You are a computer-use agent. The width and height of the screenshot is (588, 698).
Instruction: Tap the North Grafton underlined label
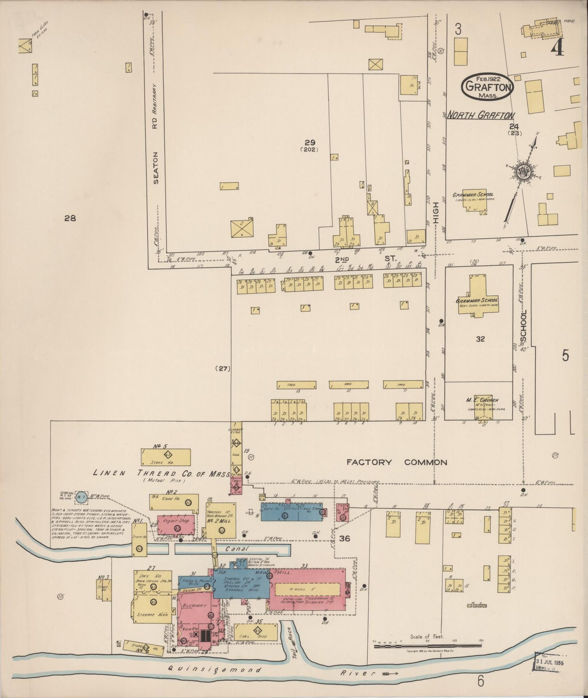coord(481,116)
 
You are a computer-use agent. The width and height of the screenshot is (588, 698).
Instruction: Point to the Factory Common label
coord(396,462)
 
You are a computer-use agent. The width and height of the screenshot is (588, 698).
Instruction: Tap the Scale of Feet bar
coord(427,645)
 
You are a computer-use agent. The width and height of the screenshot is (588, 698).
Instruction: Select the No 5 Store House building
coord(166,457)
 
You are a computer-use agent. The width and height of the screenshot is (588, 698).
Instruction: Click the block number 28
coord(70,218)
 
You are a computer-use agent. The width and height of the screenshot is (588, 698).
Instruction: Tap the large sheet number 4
coord(557,49)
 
